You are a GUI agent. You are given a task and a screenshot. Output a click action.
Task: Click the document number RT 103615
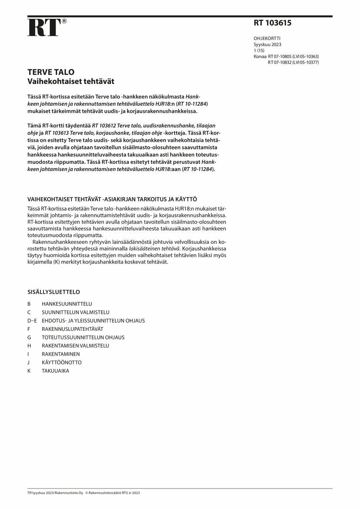click(x=273, y=24)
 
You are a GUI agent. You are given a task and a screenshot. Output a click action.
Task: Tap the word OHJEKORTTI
click(x=267, y=38)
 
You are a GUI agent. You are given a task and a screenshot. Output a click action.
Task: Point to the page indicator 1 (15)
click(x=260, y=51)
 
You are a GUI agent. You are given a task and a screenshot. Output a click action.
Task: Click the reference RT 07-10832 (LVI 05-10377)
click(x=293, y=62)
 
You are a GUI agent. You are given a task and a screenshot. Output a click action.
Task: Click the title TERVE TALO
click(x=51, y=72)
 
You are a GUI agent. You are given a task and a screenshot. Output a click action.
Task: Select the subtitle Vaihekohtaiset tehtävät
click(x=71, y=81)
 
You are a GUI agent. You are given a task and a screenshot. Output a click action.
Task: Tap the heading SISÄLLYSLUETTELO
click(x=54, y=292)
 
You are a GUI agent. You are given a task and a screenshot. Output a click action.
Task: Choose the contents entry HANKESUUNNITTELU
click(x=67, y=304)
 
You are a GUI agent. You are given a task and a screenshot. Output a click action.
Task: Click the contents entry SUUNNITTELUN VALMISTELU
click(x=75, y=312)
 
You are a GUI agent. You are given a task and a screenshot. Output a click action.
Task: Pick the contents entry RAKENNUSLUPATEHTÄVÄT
click(x=72, y=329)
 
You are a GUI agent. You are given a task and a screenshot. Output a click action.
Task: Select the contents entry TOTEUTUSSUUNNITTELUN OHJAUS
click(x=83, y=337)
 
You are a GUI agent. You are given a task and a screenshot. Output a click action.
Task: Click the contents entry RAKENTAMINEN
click(x=61, y=354)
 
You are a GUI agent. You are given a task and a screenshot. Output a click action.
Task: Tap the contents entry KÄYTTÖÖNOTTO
click(x=61, y=362)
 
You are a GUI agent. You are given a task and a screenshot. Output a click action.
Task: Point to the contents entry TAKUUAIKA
click(x=55, y=371)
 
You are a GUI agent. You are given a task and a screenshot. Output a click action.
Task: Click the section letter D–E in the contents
click(x=32, y=320)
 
